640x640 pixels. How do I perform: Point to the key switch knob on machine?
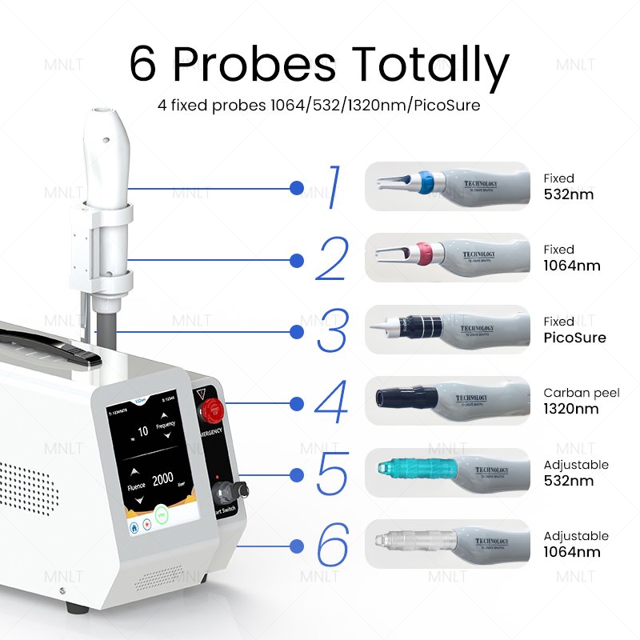click(235, 490)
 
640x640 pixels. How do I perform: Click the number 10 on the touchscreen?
click(144, 431)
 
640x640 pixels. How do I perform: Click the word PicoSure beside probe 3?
click(574, 338)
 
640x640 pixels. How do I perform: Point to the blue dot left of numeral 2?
click(297, 260)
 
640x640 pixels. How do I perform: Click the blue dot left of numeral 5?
click(297, 475)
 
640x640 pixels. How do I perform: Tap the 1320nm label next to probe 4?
click(570, 409)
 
